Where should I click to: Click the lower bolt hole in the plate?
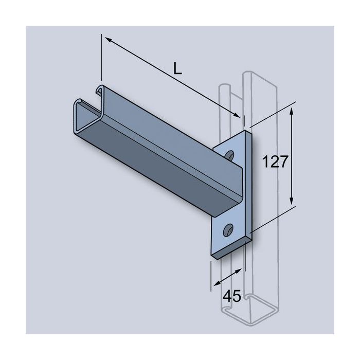(x=228, y=228)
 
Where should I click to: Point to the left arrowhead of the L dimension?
(x=106, y=39)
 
